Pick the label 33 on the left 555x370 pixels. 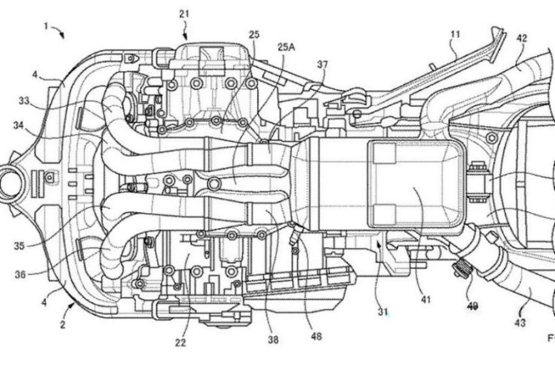[24, 102]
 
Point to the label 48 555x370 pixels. [315, 336]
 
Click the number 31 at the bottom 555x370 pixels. [384, 311]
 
